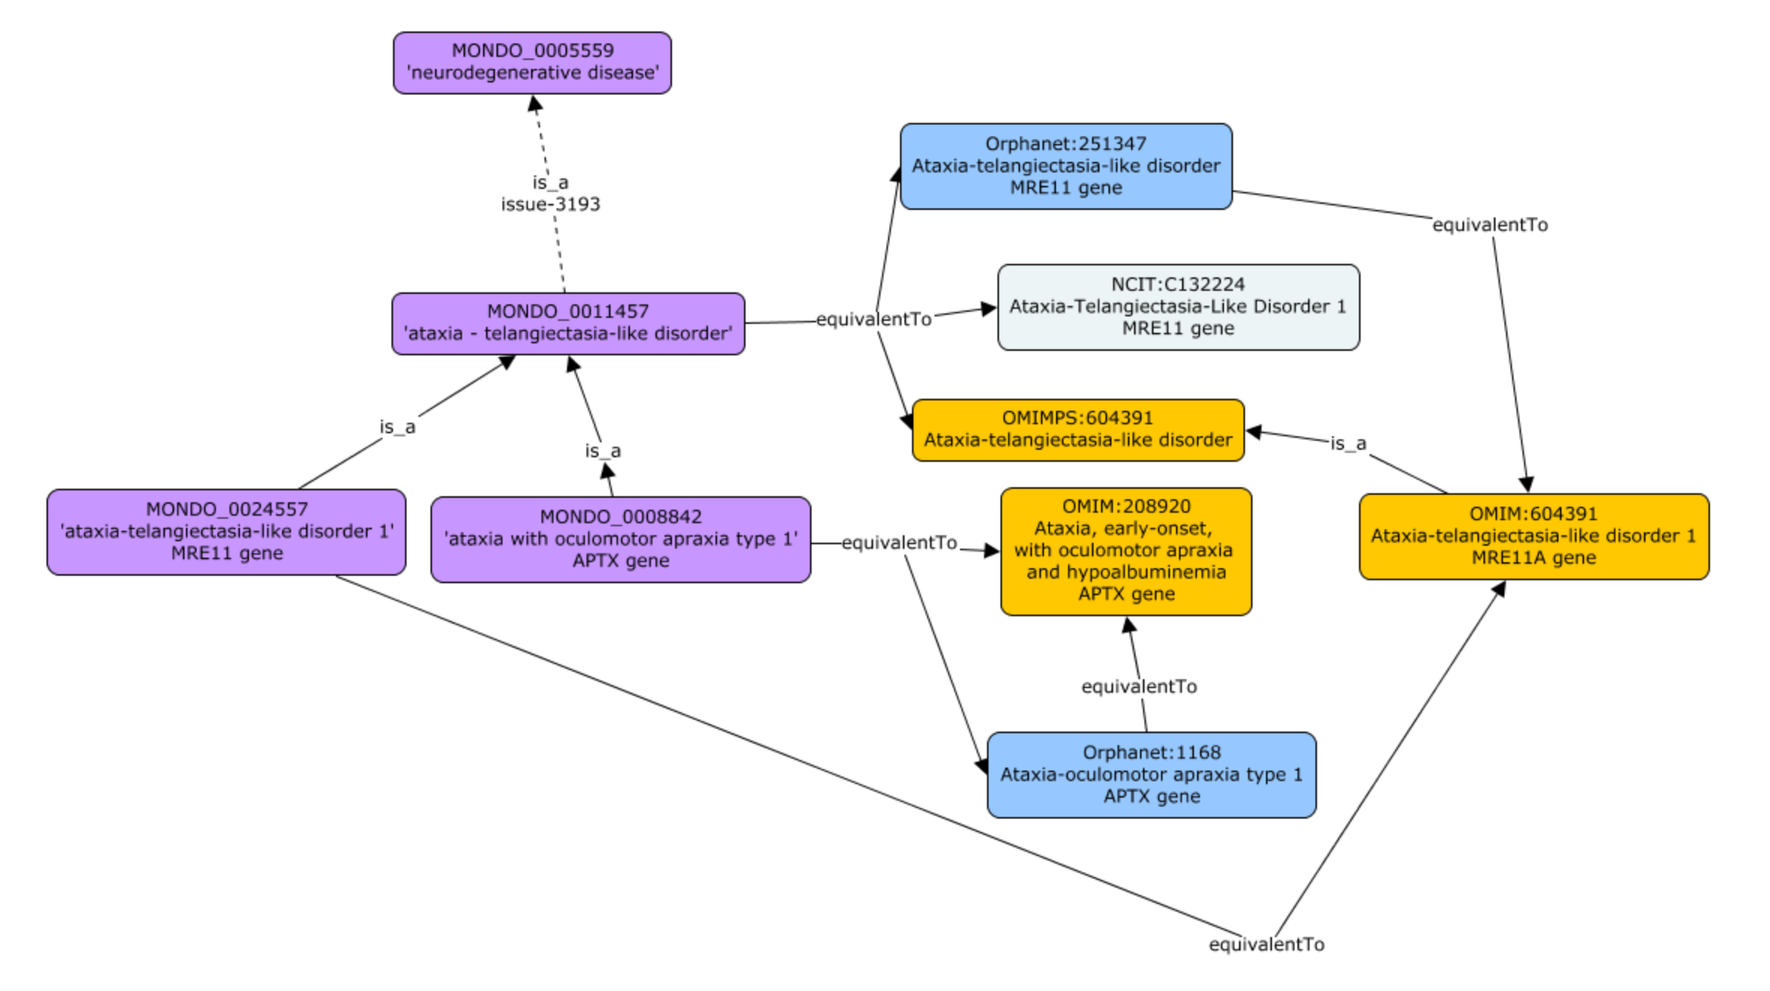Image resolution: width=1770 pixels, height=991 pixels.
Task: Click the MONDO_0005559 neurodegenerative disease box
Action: [x=532, y=63]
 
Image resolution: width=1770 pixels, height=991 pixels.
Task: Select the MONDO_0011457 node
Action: [x=568, y=323]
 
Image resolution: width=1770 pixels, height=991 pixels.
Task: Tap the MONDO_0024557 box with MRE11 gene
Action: [x=226, y=532]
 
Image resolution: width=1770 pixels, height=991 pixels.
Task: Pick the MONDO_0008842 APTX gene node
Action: [x=620, y=539]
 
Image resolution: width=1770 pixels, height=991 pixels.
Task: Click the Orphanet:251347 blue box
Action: [x=1065, y=166]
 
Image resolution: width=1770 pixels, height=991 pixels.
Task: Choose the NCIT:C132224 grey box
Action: [x=1177, y=307]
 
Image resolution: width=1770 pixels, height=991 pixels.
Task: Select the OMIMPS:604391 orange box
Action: [x=1077, y=430]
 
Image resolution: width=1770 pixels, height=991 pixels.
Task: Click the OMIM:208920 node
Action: [x=1125, y=551]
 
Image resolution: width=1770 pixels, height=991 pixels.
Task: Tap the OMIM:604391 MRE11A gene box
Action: [x=1533, y=536]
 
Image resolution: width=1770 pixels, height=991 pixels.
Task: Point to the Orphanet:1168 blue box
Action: [x=1150, y=774]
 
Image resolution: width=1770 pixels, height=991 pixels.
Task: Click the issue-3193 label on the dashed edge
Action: [x=550, y=205]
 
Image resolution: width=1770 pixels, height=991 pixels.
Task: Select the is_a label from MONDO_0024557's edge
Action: [x=397, y=427]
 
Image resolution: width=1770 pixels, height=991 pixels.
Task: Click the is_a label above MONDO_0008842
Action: [x=602, y=451]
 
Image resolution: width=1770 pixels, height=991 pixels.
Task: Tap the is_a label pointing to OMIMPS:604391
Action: [x=1348, y=444]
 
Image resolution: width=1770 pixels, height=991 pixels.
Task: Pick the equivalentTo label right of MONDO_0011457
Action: [x=873, y=320]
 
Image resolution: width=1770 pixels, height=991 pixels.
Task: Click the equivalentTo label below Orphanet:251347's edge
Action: [x=1489, y=225]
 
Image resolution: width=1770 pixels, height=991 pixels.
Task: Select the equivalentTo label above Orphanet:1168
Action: [x=1138, y=687]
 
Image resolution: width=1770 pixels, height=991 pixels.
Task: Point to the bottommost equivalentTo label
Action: [x=1266, y=945]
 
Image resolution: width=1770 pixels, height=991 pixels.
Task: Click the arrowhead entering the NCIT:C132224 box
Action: [x=989, y=308]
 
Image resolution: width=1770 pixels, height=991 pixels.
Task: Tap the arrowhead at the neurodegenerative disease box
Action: [x=535, y=103]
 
